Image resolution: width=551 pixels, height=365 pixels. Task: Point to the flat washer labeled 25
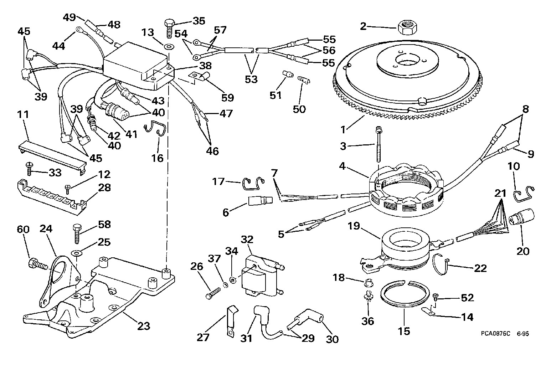click(x=76, y=253)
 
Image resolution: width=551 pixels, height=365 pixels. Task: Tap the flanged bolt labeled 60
click(x=36, y=264)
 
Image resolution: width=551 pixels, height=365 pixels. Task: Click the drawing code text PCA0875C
click(x=495, y=334)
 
